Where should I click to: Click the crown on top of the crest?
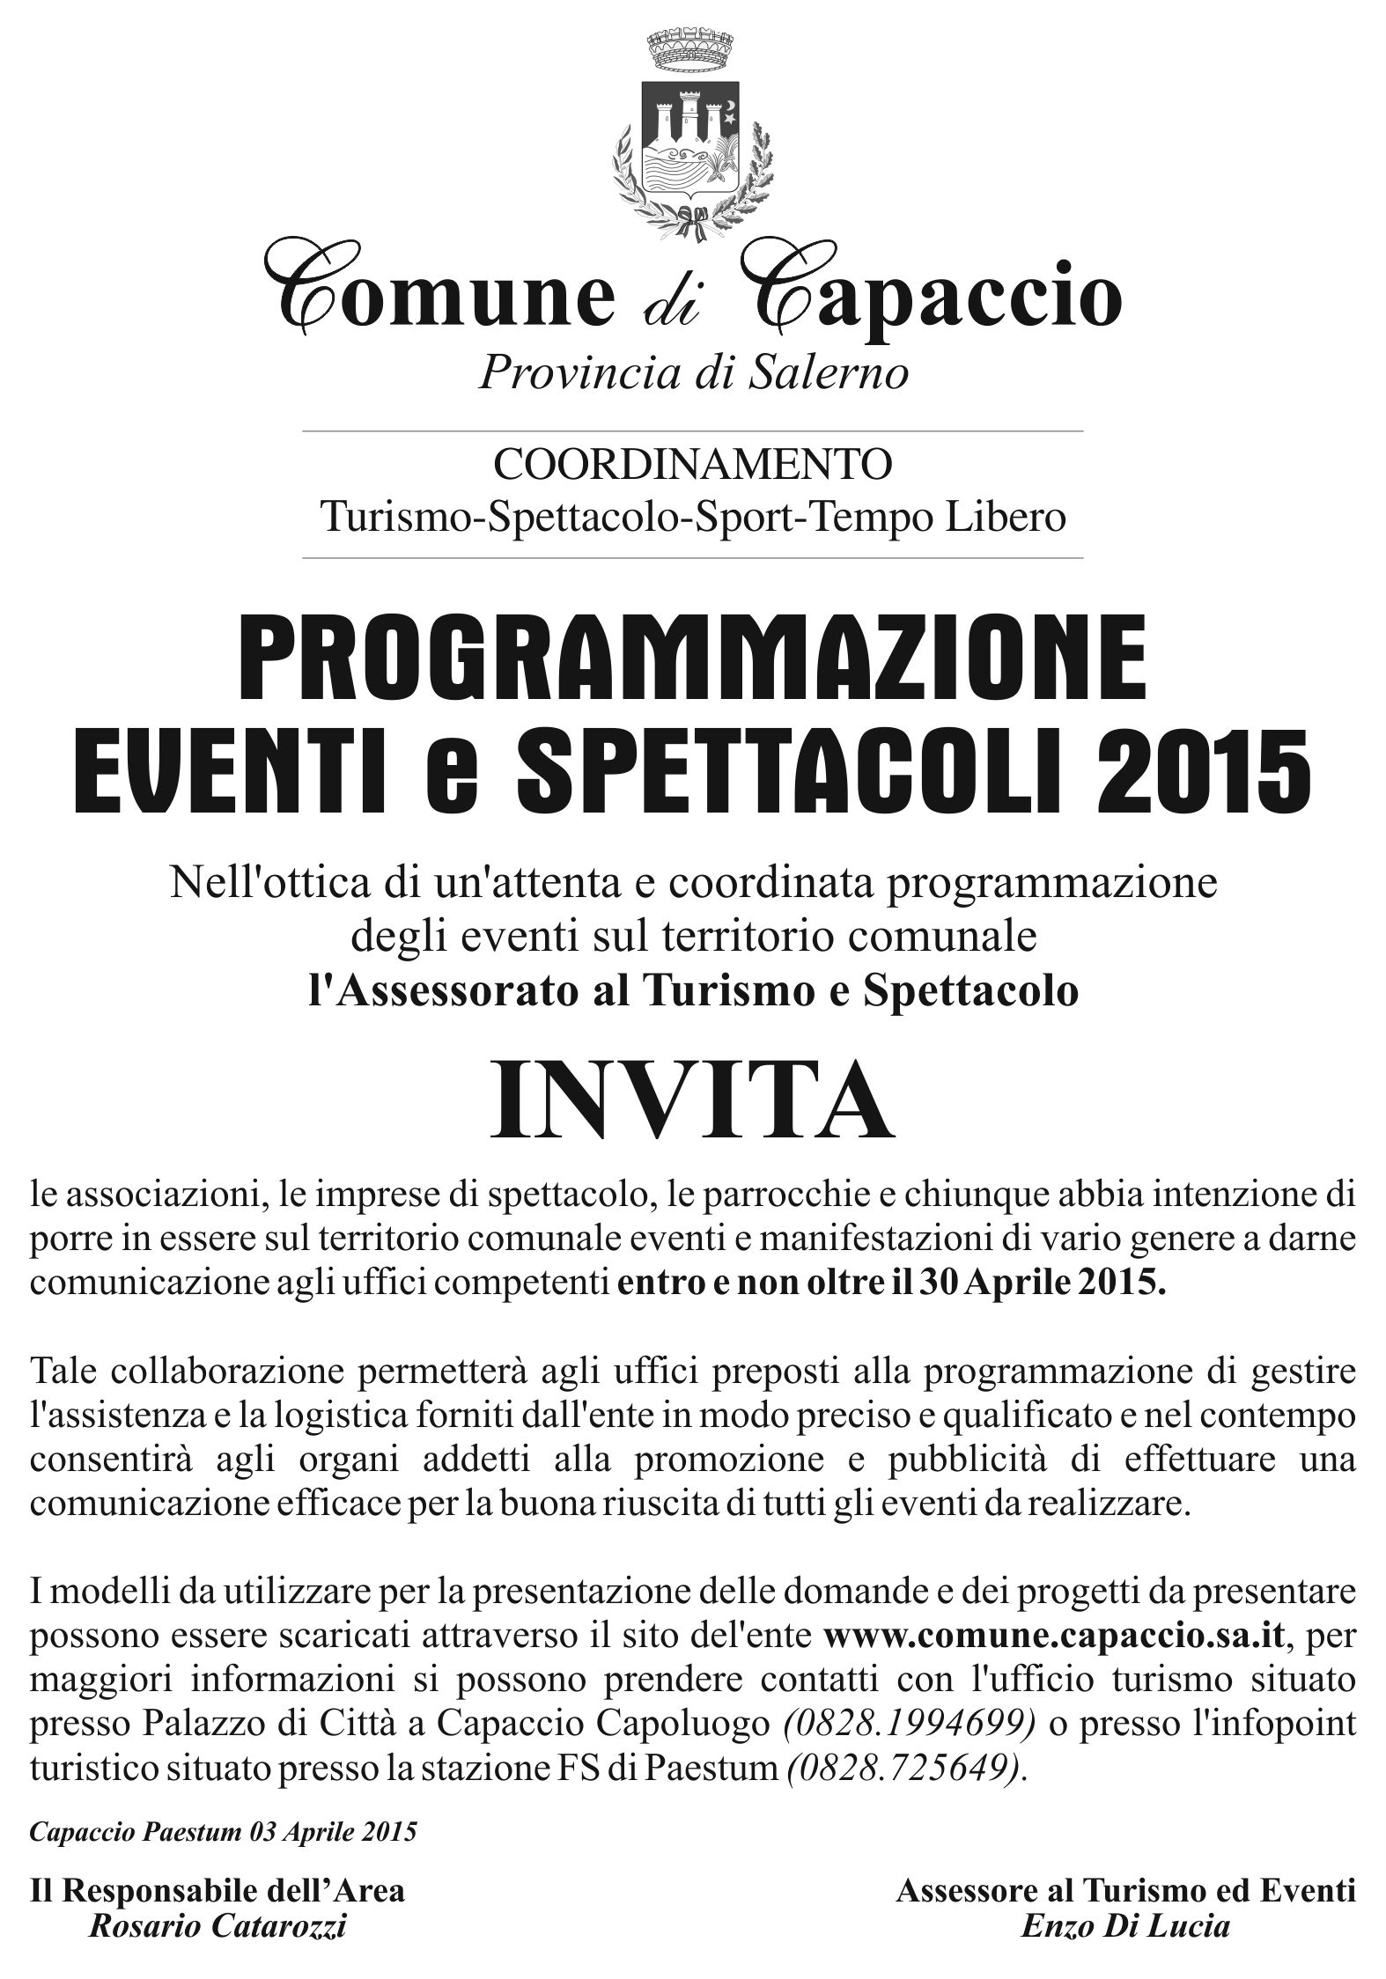point(692,49)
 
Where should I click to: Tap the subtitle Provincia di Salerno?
point(692,373)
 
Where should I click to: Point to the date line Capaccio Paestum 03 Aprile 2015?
point(223,1832)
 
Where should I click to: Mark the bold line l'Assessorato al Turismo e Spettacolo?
point(692,992)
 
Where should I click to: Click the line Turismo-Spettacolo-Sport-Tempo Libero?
point(692,517)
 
